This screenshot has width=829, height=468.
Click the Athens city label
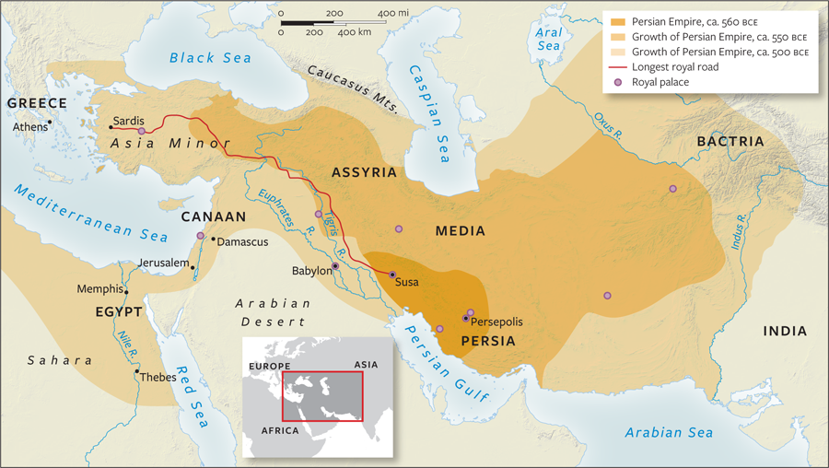pos(29,127)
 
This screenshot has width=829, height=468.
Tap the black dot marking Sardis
pos(111,127)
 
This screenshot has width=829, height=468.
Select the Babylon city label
pos(310,272)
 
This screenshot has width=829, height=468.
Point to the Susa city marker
pos(391,275)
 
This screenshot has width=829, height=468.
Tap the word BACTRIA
pos(730,142)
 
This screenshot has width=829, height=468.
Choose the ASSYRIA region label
pos(364,172)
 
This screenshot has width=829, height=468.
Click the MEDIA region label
pos(461,231)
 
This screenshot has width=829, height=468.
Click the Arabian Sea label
pos(669,432)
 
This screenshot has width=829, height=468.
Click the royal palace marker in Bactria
pos(672,189)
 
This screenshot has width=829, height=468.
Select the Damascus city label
pos(240,241)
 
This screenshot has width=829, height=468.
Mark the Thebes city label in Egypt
pos(158,377)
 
